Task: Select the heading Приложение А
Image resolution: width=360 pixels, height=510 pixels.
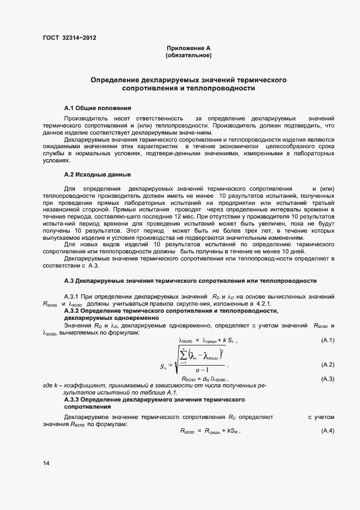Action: click(188, 48)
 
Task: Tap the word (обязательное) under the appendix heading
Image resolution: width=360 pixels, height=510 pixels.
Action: click(188, 56)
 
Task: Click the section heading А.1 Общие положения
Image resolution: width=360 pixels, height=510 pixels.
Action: click(97, 107)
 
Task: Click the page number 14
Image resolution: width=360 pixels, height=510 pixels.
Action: click(46, 463)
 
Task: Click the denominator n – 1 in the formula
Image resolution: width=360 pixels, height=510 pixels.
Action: click(204, 372)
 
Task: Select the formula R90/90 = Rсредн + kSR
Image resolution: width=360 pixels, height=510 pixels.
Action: click(210, 431)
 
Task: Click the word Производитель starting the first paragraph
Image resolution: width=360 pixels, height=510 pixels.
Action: click(82, 118)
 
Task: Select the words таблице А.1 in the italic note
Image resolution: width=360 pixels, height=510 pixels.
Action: click(161, 392)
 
